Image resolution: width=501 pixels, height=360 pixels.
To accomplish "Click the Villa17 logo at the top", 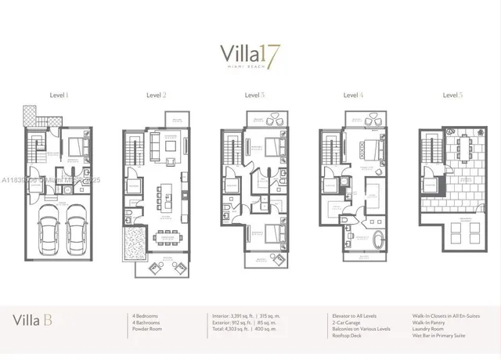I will (250, 57).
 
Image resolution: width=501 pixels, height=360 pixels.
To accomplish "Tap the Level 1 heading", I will (58, 95).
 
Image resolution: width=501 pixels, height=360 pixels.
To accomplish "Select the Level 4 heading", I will (353, 95).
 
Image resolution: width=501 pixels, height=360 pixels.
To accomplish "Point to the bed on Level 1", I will (77, 146).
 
